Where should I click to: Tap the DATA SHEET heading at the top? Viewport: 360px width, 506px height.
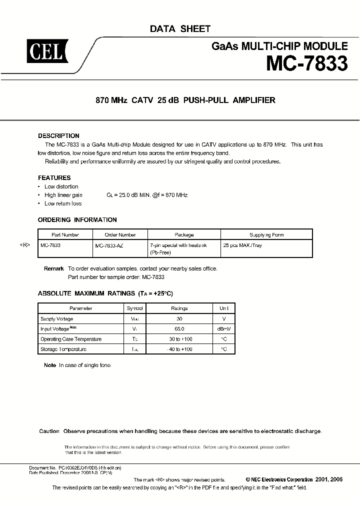180,29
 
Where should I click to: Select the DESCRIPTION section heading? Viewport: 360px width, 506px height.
58,136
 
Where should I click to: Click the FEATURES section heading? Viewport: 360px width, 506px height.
54,178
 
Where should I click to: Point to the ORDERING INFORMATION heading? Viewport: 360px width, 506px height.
77,220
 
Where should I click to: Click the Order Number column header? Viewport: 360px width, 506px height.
120,234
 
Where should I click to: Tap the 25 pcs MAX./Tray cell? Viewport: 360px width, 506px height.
242,246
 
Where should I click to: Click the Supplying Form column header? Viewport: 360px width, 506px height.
266,234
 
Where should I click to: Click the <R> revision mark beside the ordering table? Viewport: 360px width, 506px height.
25,246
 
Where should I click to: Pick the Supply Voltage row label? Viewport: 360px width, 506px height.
56,319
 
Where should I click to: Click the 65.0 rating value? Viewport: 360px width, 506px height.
179,329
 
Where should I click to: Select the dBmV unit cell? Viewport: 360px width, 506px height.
223,329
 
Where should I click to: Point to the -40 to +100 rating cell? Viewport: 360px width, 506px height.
179,349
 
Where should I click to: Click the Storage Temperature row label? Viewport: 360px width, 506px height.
63,349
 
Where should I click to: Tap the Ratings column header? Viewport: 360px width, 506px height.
179,308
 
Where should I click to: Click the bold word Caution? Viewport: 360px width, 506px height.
49,431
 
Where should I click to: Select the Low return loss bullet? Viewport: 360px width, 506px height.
63,203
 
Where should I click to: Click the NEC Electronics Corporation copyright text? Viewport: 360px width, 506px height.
282,479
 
